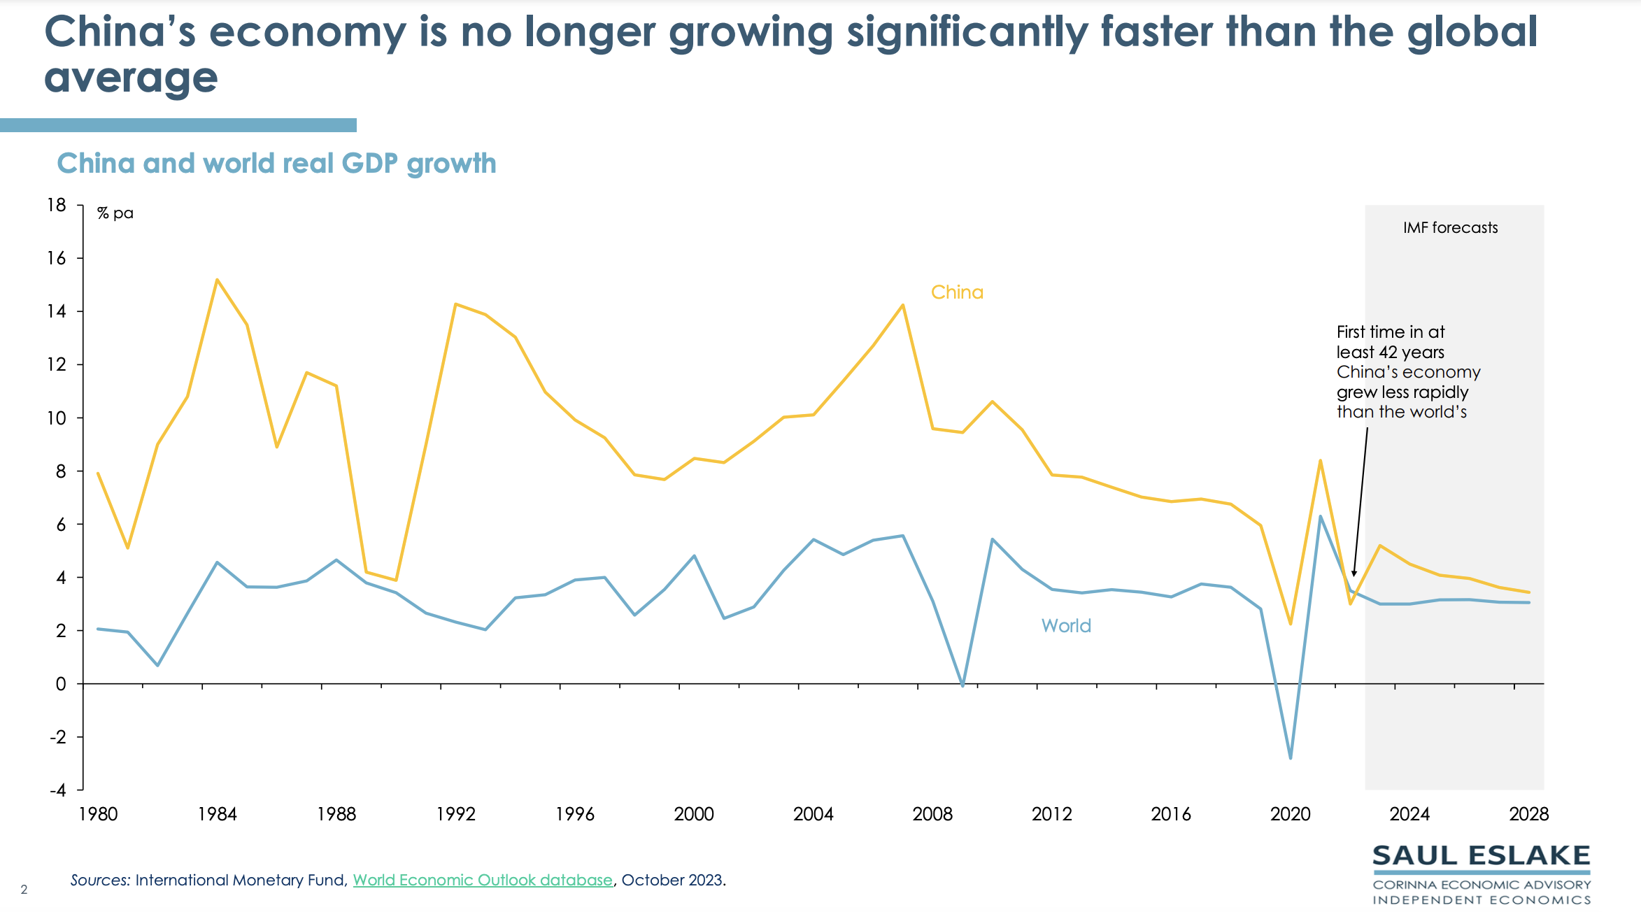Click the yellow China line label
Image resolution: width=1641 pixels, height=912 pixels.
coord(957,292)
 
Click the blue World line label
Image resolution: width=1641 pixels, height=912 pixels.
coord(1066,626)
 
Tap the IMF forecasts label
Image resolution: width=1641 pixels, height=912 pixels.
coord(1450,228)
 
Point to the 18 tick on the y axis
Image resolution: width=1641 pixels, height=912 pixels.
coord(57,205)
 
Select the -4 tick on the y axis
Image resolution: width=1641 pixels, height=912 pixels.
coord(58,790)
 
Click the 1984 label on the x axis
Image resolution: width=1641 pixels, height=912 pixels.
coord(217,814)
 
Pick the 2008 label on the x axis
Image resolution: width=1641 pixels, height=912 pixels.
coord(932,814)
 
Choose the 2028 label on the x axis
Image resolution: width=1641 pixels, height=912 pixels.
coord(1528,814)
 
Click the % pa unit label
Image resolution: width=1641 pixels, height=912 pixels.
coord(115,213)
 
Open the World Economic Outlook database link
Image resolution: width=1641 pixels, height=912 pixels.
coord(483,880)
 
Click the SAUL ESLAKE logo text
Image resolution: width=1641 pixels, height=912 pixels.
coord(1482,855)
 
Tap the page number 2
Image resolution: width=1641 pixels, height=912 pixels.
coord(24,890)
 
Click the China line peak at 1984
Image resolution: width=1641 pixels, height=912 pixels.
coord(217,280)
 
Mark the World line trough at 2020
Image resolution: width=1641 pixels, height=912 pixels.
coord(1291,758)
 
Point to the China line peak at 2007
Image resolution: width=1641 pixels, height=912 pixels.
coord(902,305)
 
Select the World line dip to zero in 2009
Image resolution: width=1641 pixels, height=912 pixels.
coord(962,685)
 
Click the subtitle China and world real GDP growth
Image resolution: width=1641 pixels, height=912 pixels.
coord(276,164)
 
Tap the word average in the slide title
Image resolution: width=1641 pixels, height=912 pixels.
coord(131,77)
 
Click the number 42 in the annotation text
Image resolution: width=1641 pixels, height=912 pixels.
coord(1388,352)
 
